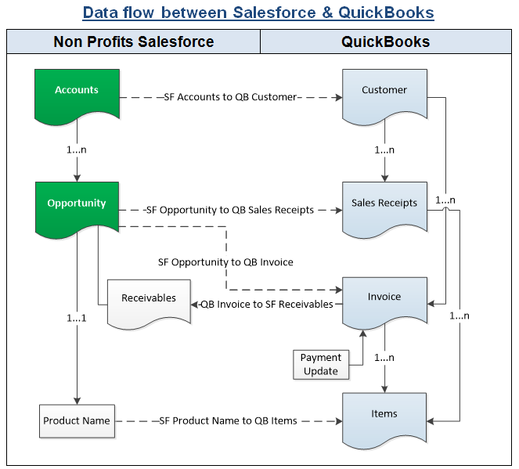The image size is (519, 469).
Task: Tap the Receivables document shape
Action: [149, 299]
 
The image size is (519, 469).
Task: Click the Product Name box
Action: [77, 421]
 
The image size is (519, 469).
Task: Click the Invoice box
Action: [384, 298]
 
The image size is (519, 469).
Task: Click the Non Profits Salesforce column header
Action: [133, 42]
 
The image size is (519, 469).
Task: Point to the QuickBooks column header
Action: [385, 42]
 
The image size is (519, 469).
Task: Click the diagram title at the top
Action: [258, 13]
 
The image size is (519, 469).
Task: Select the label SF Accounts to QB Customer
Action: [230, 97]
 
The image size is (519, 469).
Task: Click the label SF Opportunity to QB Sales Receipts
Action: [229, 210]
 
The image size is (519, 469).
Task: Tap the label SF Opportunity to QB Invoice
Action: [225, 262]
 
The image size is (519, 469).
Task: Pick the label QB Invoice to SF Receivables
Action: [266, 304]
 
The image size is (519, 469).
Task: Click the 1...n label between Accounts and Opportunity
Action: [77, 149]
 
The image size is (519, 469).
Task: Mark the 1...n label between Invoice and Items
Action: [384, 358]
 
